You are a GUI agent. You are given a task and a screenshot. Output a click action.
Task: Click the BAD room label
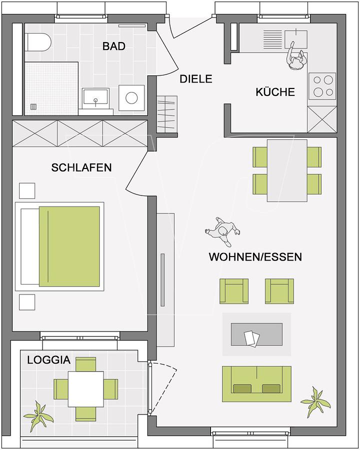click(114, 46)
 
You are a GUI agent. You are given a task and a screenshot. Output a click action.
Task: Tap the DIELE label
click(196, 79)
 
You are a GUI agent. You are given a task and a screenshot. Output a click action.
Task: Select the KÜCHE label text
click(275, 92)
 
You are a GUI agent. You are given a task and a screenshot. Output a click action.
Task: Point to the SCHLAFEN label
click(81, 167)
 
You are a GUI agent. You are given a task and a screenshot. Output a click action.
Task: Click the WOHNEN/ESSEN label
click(255, 257)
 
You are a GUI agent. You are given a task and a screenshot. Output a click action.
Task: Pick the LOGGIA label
click(49, 360)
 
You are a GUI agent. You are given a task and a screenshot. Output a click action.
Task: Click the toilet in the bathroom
click(38, 42)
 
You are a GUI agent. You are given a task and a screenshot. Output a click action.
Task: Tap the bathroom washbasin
click(95, 97)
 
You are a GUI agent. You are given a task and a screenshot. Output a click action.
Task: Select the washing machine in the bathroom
click(131, 97)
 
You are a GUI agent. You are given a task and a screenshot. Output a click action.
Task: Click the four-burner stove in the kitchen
click(322, 86)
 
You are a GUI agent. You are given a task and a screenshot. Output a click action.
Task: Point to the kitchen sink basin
click(295, 39)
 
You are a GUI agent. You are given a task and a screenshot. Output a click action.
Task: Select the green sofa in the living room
click(256, 383)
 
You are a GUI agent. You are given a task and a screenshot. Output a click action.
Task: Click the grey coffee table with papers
click(256, 334)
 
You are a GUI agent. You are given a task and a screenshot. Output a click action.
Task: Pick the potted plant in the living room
click(315, 401)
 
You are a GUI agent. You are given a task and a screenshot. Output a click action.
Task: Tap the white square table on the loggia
click(86, 389)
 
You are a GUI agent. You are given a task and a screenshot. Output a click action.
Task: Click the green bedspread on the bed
click(69, 246)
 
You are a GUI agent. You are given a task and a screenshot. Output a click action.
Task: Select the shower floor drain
click(33, 107)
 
